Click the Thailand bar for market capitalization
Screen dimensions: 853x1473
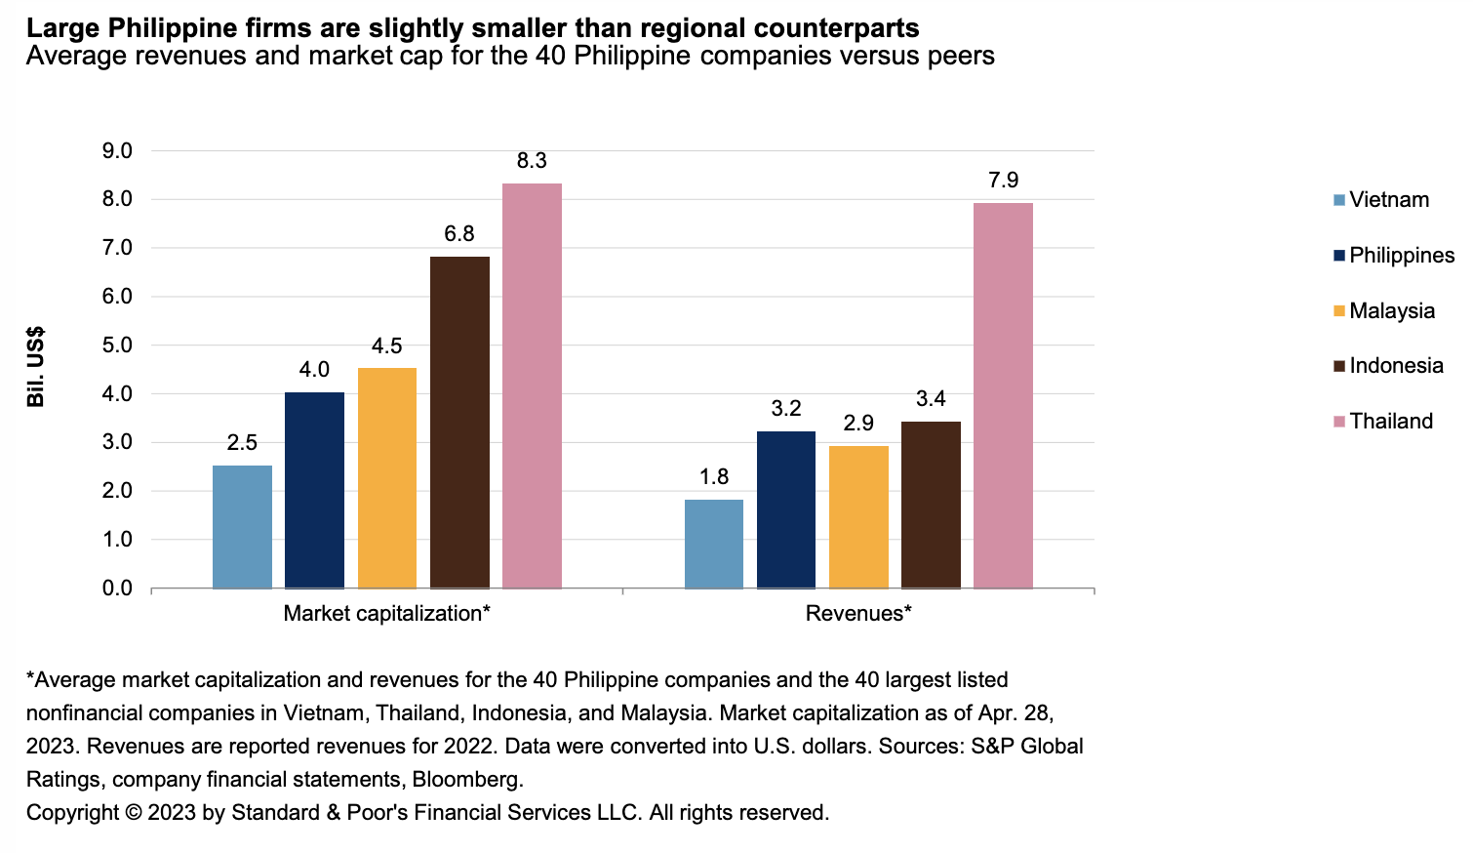point(532,386)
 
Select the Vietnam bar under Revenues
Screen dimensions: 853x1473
point(714,544)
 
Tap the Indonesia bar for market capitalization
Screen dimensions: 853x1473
point(459,422)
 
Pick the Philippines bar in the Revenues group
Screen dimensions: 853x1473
point(786,509)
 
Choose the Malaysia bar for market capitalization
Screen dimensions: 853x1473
point(387,477)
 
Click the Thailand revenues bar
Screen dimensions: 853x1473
point(1003,395)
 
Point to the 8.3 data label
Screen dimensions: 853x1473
point(532,161)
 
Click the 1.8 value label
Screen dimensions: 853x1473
point(714,477)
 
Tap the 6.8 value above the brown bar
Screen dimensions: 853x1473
point(459,234)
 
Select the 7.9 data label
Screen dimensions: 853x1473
point(1003,181)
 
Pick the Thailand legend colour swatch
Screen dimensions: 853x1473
point(1339,422)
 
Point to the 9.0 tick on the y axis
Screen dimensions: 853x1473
point(117,151)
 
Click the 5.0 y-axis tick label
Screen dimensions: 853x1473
point(117,345)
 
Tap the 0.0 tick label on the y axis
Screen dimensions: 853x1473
point(117,589)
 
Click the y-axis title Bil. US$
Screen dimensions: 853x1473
point(36,367)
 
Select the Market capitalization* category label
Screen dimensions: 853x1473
point(386,614)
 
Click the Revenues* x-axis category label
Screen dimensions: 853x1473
point(858,614)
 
